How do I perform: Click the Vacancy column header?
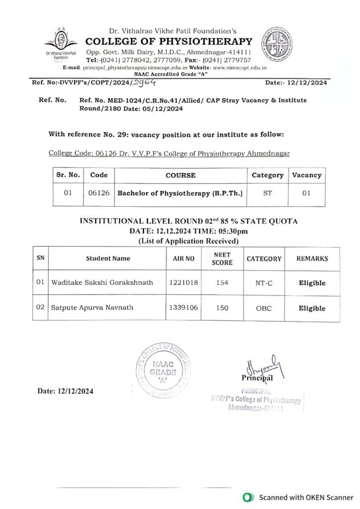pyautogui.click(x=306, y=175)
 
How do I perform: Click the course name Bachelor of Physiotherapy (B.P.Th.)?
pyautogui.click(x=180, y=193)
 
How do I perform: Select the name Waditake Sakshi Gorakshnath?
pyautogui.click(x=102, y=283)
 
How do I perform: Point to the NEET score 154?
pyautogui.click(x=222, y=283)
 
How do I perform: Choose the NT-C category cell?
pyautogui.click(x=264, y=283)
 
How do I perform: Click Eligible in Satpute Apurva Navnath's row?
pyautogui.click(x=312, y=308)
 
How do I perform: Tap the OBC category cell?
pyautogui.click(x=264, y=308)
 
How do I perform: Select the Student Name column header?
pyautogui.click(x=108, y=258)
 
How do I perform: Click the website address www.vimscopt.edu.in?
pyautogui.click(x=240, y=66)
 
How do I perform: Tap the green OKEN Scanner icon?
pyautogui.click(x=246, y=497)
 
